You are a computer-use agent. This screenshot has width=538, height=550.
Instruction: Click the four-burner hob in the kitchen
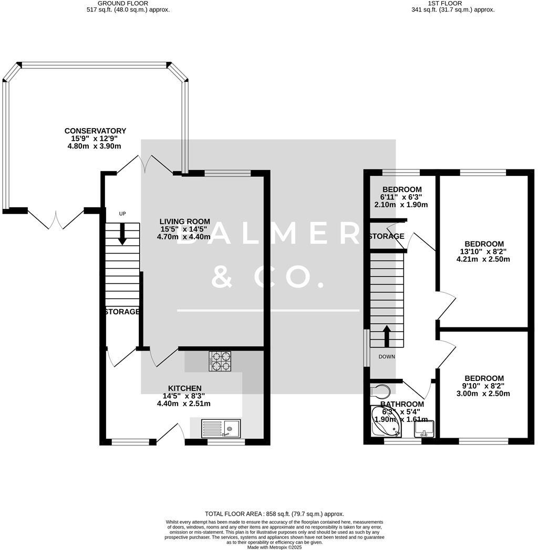[220, 361]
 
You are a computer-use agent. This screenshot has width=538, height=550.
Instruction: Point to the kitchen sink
[221, 428]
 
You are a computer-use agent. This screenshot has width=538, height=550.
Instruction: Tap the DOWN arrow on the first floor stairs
[387, 336]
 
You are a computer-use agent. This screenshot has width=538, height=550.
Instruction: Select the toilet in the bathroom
[380, 392]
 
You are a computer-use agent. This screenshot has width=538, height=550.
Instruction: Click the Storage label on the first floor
[387, 236]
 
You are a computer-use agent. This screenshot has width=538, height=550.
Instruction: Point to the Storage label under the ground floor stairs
[122, 312]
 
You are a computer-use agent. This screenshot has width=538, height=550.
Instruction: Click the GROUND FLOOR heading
[115, 3]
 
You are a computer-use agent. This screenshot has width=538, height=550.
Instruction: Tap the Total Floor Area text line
[274, 514]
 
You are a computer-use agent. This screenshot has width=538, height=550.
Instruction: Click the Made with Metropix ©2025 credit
[274, 547]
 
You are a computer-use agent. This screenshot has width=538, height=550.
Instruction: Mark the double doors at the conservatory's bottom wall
[56, 219]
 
